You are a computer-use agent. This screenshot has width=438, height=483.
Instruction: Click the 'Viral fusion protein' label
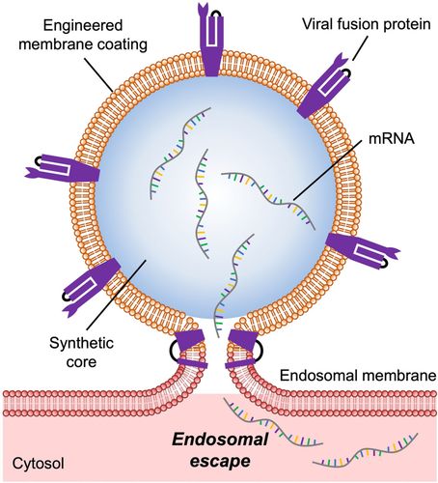tap(366, 24)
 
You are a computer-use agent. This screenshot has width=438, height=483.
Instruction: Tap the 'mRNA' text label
tap(391, 139)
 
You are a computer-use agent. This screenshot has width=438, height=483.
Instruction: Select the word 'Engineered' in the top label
tap(83, 26)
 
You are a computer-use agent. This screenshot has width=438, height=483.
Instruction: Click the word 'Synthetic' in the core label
tap(81, 343)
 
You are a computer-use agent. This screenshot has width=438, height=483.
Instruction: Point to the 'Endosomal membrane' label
tap(359, 376)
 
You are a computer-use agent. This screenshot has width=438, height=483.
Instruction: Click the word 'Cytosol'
tap(38, 464)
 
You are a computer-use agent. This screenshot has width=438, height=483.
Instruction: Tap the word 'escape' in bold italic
tap(220, 461)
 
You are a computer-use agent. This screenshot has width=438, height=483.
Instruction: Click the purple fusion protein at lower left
tap(91, 283)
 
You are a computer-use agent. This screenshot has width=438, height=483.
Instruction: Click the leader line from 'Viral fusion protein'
tap(360, 47)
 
